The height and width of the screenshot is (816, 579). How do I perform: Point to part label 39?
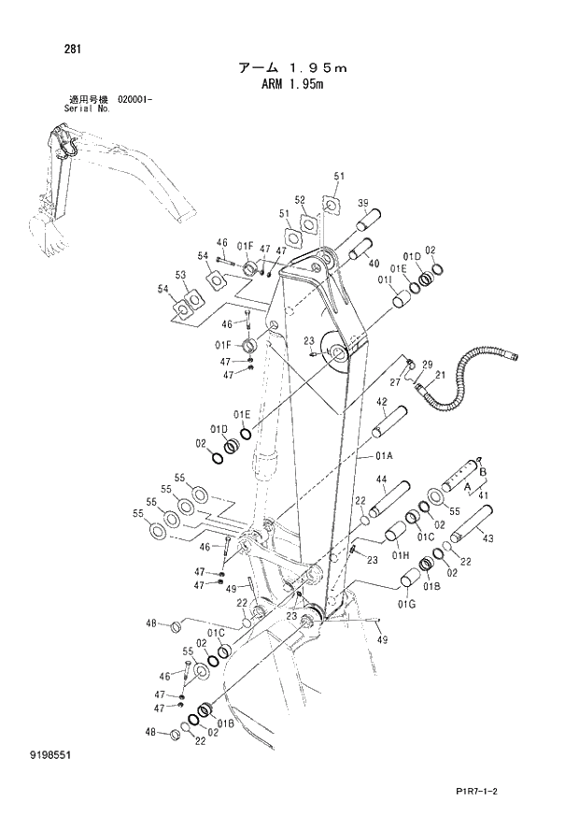coord(362,202)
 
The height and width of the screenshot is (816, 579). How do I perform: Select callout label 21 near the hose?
coord(439,375)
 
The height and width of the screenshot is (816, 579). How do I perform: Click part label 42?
coord(382,402)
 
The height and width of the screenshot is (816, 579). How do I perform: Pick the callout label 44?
coord(381,480)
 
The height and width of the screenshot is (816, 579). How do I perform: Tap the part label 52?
coord(300,199)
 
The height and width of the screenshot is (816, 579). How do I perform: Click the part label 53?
coord(181,274)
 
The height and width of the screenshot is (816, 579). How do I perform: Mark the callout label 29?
coord(428,364)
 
